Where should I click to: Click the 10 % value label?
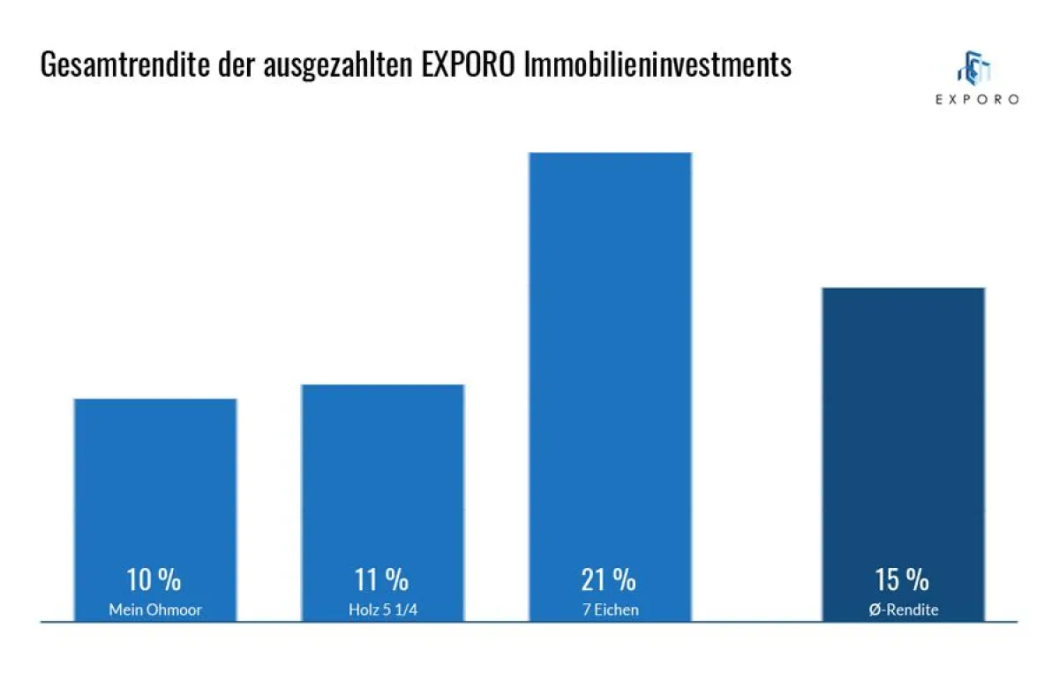click(x=154, y=580)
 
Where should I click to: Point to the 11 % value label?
click(x=381, y=580)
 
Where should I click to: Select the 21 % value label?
click(x=609, y=580)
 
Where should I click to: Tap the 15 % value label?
click(x=902, y=580)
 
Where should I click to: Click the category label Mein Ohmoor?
click(x=155, y=609)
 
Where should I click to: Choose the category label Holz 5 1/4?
click(x=382, y=609)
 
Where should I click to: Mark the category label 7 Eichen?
click(x=610, y=609)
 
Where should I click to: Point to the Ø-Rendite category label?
click(x=903, y=609)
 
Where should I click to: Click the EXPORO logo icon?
click(x=975, y=68)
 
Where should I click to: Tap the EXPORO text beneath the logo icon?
click(x=977, y=100)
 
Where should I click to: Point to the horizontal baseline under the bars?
click(x=529, y=623)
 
